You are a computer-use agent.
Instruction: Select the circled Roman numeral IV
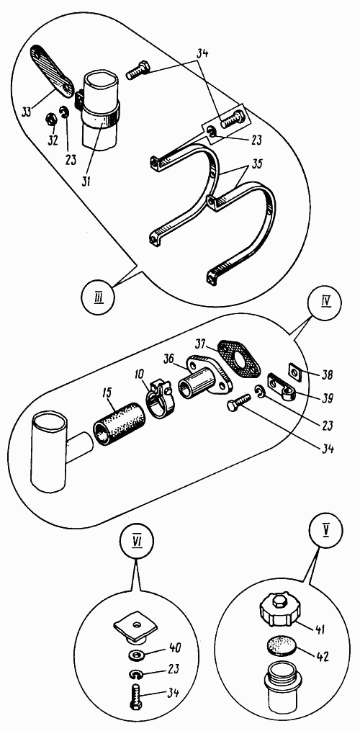[325, 309]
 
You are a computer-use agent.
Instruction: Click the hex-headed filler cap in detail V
[278, 609]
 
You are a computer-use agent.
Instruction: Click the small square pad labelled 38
[295, 372]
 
